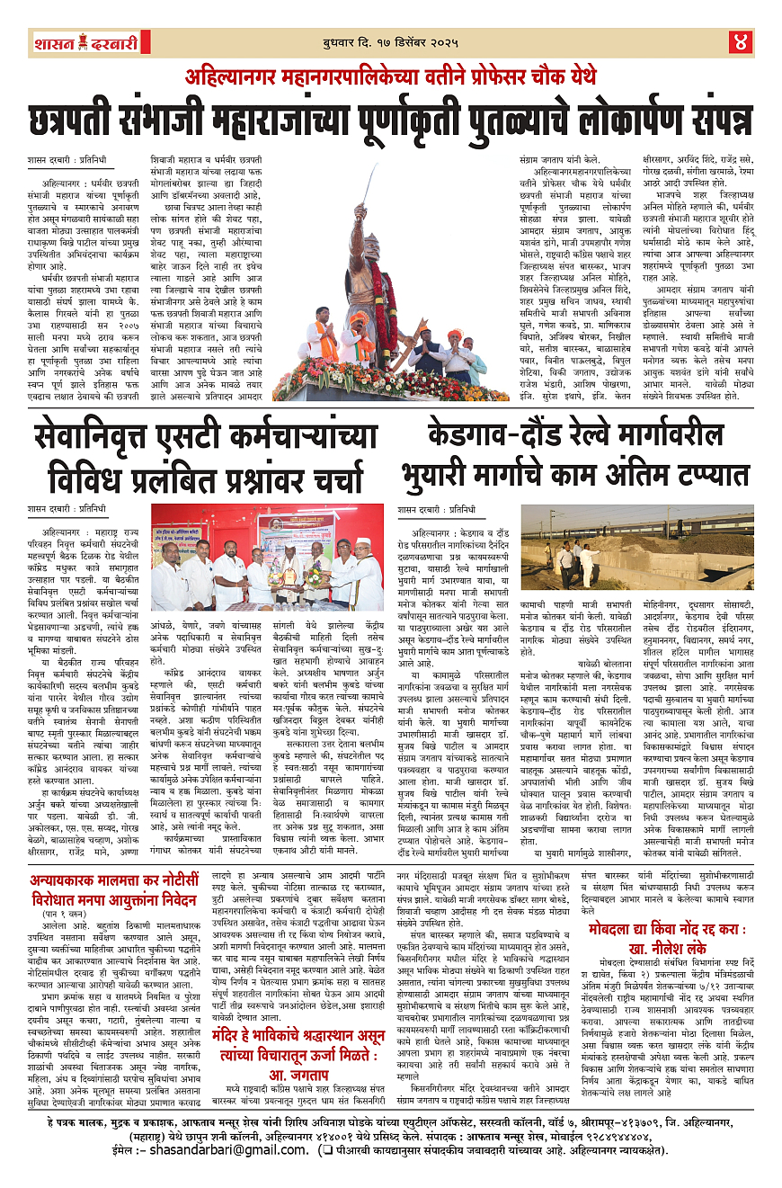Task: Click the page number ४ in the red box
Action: tap(739, 41)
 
